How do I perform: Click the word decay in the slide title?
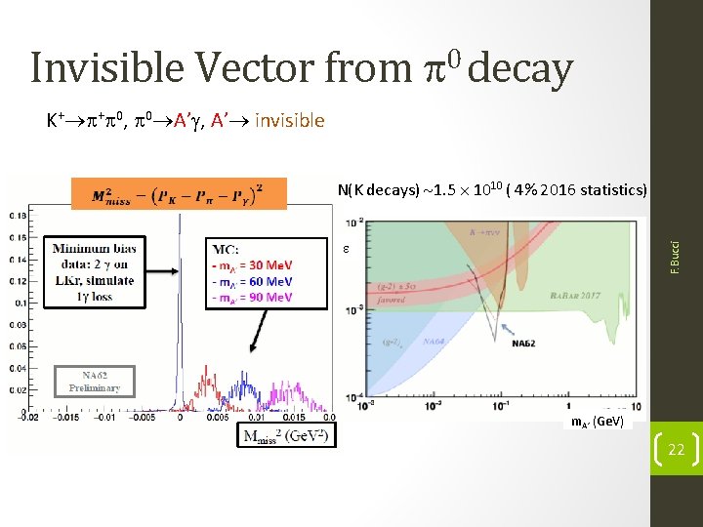click(x=525, y=68)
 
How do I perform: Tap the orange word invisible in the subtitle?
click(x=289, y=120)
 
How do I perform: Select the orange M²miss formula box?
click(x=178, y=192)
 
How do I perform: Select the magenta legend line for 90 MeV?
click(x=251, y=297)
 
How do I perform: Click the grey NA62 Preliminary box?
click(x=95, y=380)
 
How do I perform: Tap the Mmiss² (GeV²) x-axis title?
click(x=285, y=434)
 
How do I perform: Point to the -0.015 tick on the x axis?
click(x=65, y=418)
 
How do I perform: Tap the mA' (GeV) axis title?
click(x=598, y=422)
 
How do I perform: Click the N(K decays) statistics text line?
click(x=492, y=188)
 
